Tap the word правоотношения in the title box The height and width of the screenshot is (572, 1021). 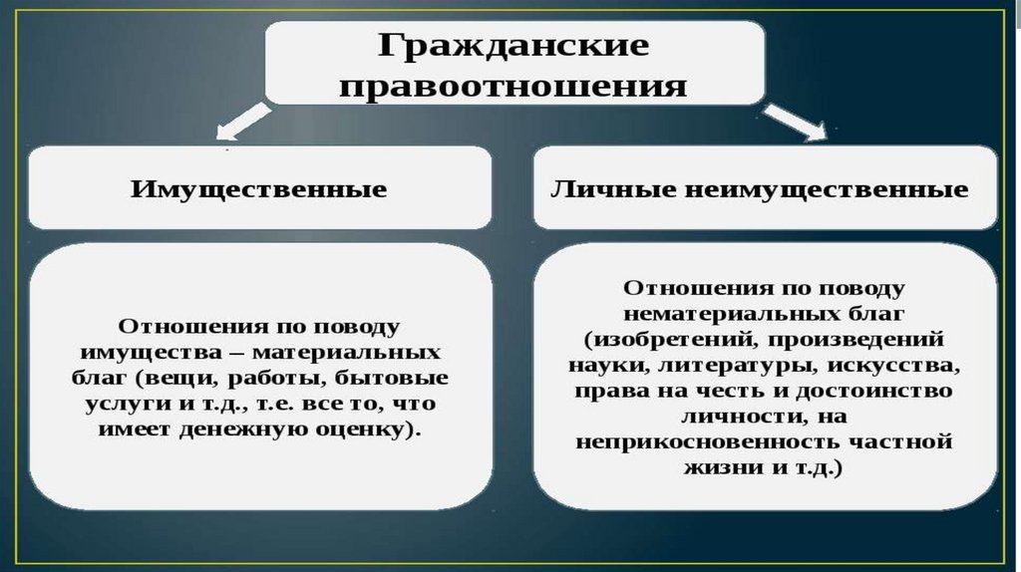513,86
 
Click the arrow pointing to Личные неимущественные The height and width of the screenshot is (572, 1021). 799,123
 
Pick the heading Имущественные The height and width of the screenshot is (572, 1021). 258,188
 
